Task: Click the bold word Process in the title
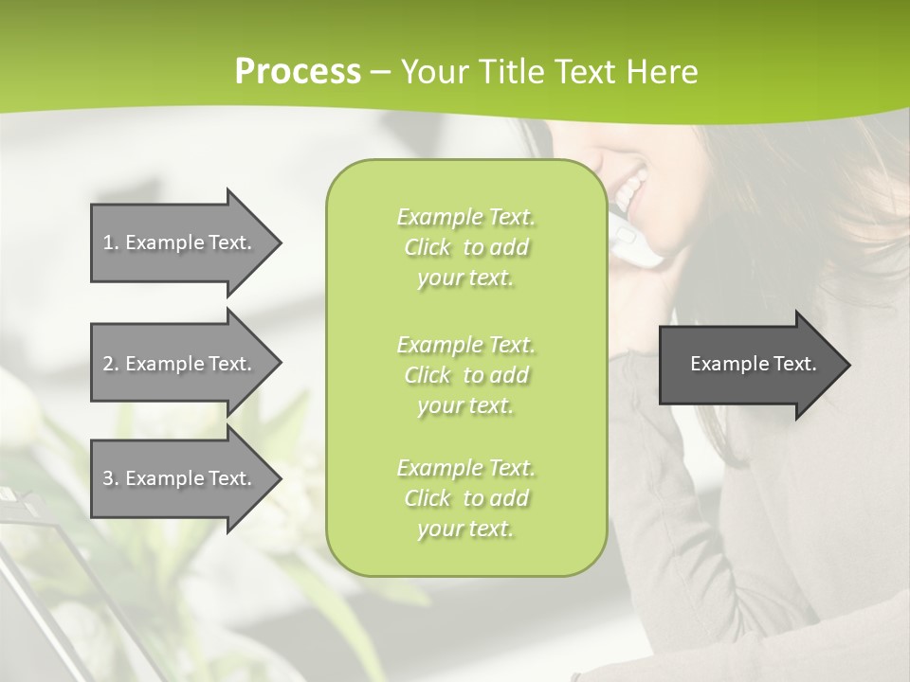pos(298,72)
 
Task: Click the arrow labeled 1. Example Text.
pos(180,242)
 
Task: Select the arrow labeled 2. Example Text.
pos(180,364)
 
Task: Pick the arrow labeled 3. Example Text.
pos(180,478)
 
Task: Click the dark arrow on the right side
pos(749,365)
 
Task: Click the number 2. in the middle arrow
pos(111,364)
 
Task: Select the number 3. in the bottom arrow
pos(111,478)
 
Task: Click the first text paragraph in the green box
pos(465,247)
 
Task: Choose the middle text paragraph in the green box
pos(465,375)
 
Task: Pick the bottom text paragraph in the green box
pos(465,498)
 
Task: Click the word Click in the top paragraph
pos(428,247)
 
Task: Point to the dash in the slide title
pos(380,72)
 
